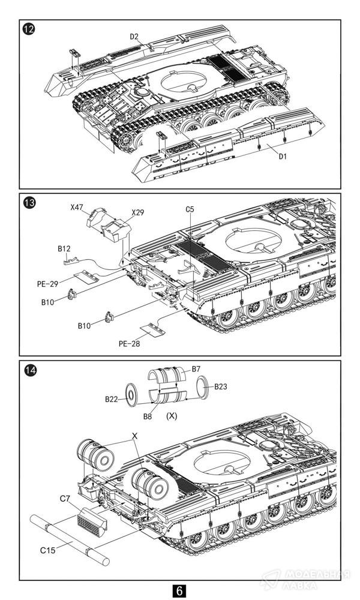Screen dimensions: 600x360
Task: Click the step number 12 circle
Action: coord(28,28)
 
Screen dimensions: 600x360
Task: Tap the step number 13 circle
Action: coord(28,202)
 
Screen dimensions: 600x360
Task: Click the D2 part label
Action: coord(134,37)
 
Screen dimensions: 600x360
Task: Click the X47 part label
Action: coord(76,208)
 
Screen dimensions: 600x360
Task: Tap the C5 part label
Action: coord(190,209)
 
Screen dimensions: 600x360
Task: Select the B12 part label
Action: coord(65,248)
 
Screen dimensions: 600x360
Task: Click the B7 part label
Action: coord(196,370)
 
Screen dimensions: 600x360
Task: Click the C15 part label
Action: coord(48,550)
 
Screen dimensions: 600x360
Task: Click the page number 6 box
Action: coord(179,590)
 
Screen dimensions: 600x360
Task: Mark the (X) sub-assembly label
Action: coord(172,415)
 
